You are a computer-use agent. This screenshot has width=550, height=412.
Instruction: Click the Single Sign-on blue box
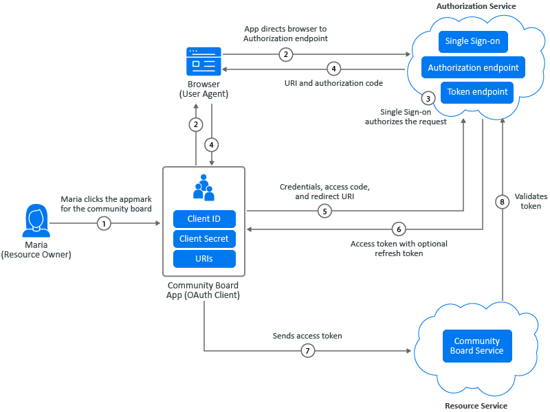pos(472,42)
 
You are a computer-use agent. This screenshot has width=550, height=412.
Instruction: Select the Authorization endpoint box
pos(474,67)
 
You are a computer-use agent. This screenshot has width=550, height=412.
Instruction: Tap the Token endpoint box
pos(477,92)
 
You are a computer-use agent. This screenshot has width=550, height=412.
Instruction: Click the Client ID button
pos(203,219)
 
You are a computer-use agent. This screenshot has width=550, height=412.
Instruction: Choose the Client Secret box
pos(203,239)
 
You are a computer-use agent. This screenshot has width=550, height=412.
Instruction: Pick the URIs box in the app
pos(203,259)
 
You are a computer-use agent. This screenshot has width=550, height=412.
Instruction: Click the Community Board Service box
pos(477,346)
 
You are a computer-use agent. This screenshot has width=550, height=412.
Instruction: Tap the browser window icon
pos(203,61)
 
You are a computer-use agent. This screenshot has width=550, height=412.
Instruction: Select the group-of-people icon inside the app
pos(203,187)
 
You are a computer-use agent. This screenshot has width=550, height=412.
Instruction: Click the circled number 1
pos(104,223)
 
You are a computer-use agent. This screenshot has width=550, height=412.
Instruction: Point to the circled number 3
pos(428,98)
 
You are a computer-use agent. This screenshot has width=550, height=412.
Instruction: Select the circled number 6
pos(399,229)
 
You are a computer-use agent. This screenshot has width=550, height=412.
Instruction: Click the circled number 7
pos(307,351)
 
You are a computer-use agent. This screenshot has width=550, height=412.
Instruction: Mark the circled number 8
pos(503,201)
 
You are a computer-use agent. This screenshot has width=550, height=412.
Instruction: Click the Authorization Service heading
pos(476,6)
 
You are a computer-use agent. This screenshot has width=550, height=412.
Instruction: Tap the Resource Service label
pos(476,406)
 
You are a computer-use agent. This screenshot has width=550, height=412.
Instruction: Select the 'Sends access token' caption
pos(307,336)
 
